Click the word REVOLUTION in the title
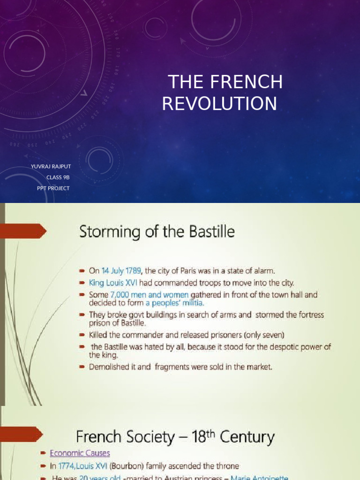(219, 104)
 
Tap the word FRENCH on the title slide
(247, 82)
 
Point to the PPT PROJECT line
(53, 188)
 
